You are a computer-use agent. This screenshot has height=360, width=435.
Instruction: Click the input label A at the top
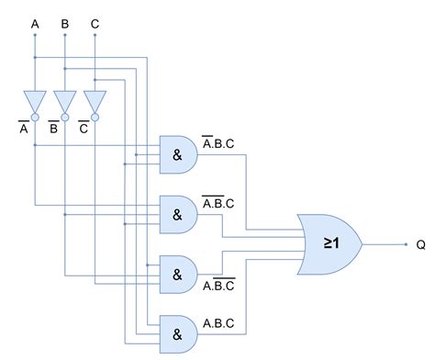click(x=35, y=21)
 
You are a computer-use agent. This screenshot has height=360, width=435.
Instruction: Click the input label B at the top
click(x=64, y=21)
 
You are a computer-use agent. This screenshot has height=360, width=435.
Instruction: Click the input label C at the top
click(x=95, y=21)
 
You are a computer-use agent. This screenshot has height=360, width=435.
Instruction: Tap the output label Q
click(x=421, y=245)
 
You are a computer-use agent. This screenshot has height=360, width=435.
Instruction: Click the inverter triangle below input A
click(x=35, y=100)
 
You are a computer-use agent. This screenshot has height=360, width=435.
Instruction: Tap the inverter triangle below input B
click(x=64, y=100)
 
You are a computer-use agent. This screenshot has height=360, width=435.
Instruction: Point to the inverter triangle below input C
click(x=95, y=100)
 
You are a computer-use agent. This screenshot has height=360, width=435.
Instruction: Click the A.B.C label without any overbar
click(x=218, y=323)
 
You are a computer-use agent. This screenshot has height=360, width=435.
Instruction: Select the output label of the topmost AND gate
click(x=219, y=144)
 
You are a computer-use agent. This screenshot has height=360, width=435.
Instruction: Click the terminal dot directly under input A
click(x=35, y=37)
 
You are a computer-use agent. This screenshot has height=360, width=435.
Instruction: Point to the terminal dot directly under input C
click(x=95, y=37)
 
